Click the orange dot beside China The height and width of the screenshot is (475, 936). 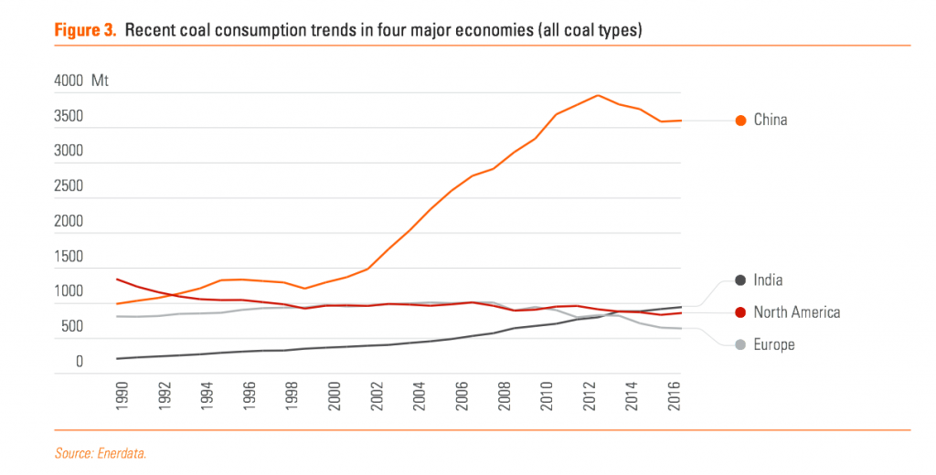coord(740,120)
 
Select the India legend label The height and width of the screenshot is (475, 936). coord(768,280)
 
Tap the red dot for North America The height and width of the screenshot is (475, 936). coord(740,312)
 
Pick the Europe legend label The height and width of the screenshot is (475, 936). coord(773,344)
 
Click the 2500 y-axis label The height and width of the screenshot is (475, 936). coord(68,186)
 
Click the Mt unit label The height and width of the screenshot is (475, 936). coord(100,80)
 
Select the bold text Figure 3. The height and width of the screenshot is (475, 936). coord(85,30)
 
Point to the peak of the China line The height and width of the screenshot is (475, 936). coord(597,95)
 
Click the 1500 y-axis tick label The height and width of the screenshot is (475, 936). coord(68,257)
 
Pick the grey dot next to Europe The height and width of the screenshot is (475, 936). coord(740,344)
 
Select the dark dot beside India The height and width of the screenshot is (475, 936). coord(740,280)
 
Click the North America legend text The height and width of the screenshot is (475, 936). coord(796,312)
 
